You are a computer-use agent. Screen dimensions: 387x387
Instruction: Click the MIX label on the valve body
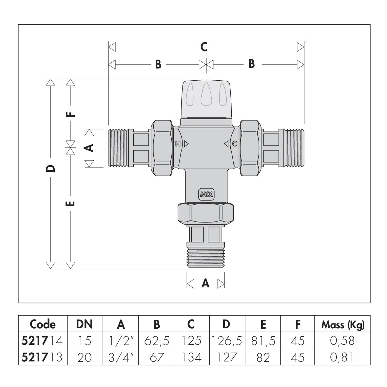(206, 195)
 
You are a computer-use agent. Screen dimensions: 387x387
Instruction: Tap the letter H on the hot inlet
(178, 144)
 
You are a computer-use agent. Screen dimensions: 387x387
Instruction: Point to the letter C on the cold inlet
(235, 144)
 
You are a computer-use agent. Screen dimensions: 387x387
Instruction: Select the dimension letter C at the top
(204, 47)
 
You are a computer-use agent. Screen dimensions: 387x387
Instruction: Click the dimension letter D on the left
(50, 168)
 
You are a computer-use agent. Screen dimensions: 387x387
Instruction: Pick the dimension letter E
(70, 204)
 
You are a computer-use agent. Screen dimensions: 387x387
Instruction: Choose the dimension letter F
(70, 114)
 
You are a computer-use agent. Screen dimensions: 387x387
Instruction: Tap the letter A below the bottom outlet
(205, 283)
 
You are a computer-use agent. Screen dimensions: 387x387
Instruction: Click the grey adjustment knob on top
(206, 98)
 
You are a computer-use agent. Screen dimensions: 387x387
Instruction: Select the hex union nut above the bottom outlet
(206, 213)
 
